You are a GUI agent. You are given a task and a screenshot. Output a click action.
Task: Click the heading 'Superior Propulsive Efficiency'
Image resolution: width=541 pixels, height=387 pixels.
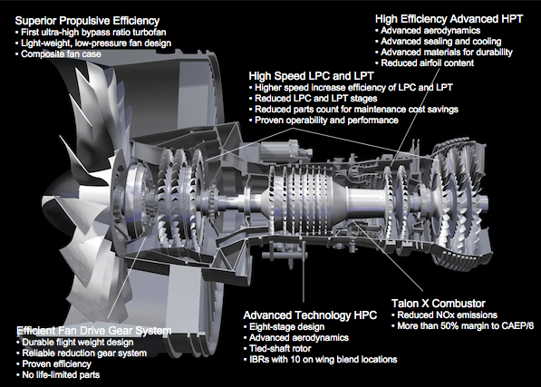pyautogui.click(x=87, y=21)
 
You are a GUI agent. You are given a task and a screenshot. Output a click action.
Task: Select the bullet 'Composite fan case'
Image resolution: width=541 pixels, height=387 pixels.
pyautogui.click(x=58, y=54)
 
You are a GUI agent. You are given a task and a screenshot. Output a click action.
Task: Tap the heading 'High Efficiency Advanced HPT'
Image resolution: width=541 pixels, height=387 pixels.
pyautogui.click(x=449, y=19)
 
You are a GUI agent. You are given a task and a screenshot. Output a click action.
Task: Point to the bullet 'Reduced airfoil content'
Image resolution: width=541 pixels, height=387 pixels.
pyautogui.click(x=425, y=63)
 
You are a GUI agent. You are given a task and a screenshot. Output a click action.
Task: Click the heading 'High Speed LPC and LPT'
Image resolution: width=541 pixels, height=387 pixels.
pyautogui.click(x=311, y=76)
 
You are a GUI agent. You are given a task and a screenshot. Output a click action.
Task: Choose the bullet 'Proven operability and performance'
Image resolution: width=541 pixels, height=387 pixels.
pyautogui.click(x=324, y=121)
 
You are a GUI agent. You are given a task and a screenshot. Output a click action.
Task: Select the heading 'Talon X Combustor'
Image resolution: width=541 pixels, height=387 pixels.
pyautogui.click(x=439, y=304)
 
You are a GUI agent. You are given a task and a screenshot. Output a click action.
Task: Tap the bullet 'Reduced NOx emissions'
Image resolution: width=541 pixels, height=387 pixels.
pyautogui.click(x=444, y=314)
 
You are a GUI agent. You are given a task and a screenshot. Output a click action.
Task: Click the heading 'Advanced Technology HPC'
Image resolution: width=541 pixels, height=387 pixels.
pyautogui.click(x=310, y=315)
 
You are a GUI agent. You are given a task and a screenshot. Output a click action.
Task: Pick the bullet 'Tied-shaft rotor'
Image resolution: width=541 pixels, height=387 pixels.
pyautogui.click(x=277, y=348)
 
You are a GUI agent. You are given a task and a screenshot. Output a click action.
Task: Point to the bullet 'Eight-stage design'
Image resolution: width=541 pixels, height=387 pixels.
pyautogui.click(x=284, y=326)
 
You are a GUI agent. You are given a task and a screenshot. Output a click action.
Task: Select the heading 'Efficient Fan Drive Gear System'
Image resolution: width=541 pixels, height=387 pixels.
pyautogui.click(x=94, y=331)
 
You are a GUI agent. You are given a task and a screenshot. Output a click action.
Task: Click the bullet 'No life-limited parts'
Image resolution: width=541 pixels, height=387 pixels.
pyautogui.click(x=58, y=374)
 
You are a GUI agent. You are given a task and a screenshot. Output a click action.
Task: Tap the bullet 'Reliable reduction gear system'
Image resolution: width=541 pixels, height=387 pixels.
pyautogui.click(x=82, y=353)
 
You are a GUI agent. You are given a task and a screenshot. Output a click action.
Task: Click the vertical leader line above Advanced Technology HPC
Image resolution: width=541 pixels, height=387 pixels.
pyautogui.click(x=304, y=272)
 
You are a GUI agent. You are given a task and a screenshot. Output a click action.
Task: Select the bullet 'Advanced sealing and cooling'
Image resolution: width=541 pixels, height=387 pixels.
pyautogui.click(x=439, y=42)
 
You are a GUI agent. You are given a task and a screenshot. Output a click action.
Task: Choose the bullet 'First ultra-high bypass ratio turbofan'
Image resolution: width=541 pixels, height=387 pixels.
pyautogui.click(x=91, y=33)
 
